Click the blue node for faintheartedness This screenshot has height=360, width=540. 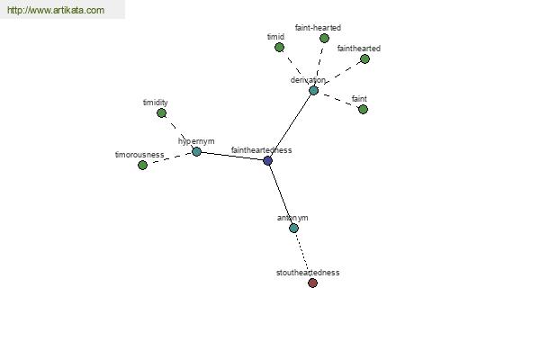pyautogui.click(x=267, y=160)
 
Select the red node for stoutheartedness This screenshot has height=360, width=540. pyautogui.click(x=312, y=283)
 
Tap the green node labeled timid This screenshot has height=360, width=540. pyautogui.click(x=279, y=47)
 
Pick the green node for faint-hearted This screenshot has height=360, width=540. pyautogui.click(x=324, y=38)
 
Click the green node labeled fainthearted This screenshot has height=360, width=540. pyautogui.click(x=364, y=58)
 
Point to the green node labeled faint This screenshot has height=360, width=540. pyautogui.click(x=363, y=109)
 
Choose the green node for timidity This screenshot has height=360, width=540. pyautogui.click(x=161, y=112)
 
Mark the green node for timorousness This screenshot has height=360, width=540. pyautogui.click(x=142, y=165)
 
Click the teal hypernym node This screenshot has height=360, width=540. pyautogui.click(x=196, y=151)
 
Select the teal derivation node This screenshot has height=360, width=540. pyautogui.click(x=313, y=90)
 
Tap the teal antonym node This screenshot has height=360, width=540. pyautogui.click(x=293, y=228)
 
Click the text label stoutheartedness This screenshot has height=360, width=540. pyautogui.click(x=308, y=272)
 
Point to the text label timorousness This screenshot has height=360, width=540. pyautogui.click(x=139, y=155)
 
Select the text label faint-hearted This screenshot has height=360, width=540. pyautogui.click(x=318, y=28)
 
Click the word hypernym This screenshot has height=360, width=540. pyautogui.click(x=196, y=141)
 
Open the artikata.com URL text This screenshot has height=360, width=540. pyautogui.click(x=55, y=11)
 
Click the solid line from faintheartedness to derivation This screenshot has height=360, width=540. pyautogui.click(x=290, y=126)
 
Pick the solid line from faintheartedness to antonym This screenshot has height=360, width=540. pyautogui.click(x=280, y=193)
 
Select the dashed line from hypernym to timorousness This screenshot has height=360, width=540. pyautogui.click(x=170, y=158)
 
